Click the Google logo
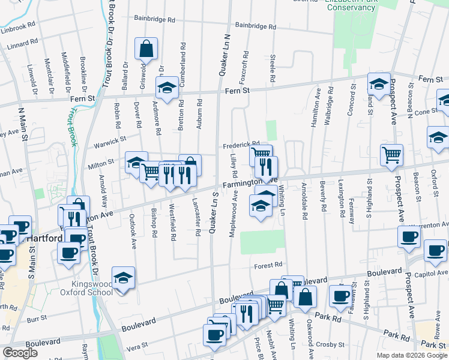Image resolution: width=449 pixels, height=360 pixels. [x=20, y=353]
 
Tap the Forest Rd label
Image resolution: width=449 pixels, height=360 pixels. [x=268, y=265]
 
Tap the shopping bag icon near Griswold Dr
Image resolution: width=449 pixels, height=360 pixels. [x=146, y=49]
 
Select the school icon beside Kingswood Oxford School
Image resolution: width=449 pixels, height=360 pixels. [x=124, y=277]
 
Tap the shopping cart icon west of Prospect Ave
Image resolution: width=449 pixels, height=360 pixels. [x=391, y=155]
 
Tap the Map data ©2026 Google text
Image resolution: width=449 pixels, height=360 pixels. [x=411, y=355]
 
